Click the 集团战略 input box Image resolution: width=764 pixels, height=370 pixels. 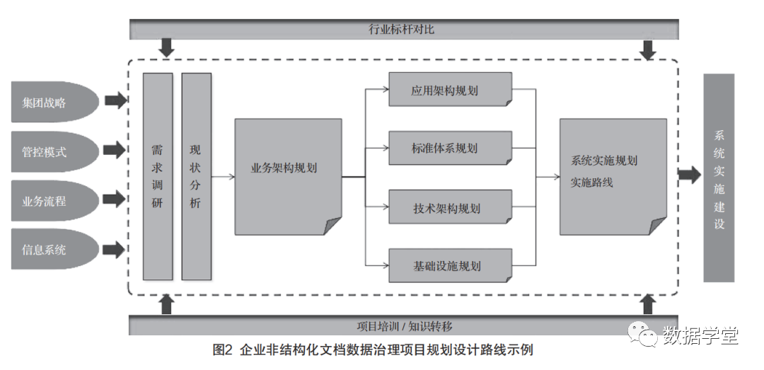tap(53, 102)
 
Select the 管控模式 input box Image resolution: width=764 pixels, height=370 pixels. tap(53, 151)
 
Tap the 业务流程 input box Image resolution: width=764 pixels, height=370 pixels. tap(53, 200)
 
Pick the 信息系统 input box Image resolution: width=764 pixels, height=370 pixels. tap(53, 249)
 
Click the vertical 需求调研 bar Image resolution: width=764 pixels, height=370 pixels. tap(157, 176)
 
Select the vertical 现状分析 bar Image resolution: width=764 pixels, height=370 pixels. tap(196, 176)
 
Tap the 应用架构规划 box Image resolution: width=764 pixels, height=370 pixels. tap(450, 90)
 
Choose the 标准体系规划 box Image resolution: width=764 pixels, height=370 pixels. tap(450, 149)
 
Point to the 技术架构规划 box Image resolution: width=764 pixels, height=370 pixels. tap(450, 208)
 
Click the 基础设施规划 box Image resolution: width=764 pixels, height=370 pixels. tap(450, 266)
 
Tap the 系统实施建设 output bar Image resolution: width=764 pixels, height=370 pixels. tap(719, 178)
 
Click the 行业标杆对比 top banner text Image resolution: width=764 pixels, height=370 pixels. tap(403, 29)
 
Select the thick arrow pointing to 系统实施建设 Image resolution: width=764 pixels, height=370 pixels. tap(689, 175)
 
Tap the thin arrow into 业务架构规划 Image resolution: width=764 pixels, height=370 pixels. tap(224, 176)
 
